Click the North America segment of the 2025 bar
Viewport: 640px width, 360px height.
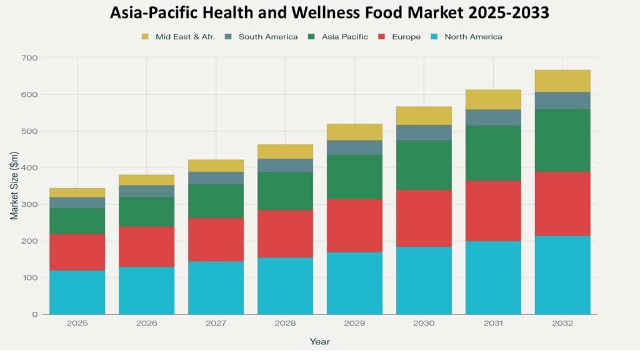[77, 292]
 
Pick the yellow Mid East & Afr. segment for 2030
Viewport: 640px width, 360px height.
[424, 116]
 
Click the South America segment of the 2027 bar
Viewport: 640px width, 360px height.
[216, 178]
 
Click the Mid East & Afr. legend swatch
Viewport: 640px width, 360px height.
[146, 37]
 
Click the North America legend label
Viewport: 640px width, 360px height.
[473, 37]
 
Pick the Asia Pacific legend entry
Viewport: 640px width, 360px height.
[344, 37]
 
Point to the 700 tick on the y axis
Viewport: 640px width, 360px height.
[30, 58]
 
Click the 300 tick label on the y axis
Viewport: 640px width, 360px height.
[30, 204]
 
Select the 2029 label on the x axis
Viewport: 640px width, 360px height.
[354, 324]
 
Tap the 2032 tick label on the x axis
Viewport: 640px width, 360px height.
[562, 324]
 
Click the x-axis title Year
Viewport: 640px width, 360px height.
[319, 342]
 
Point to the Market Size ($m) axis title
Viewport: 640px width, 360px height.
[14, 186]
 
